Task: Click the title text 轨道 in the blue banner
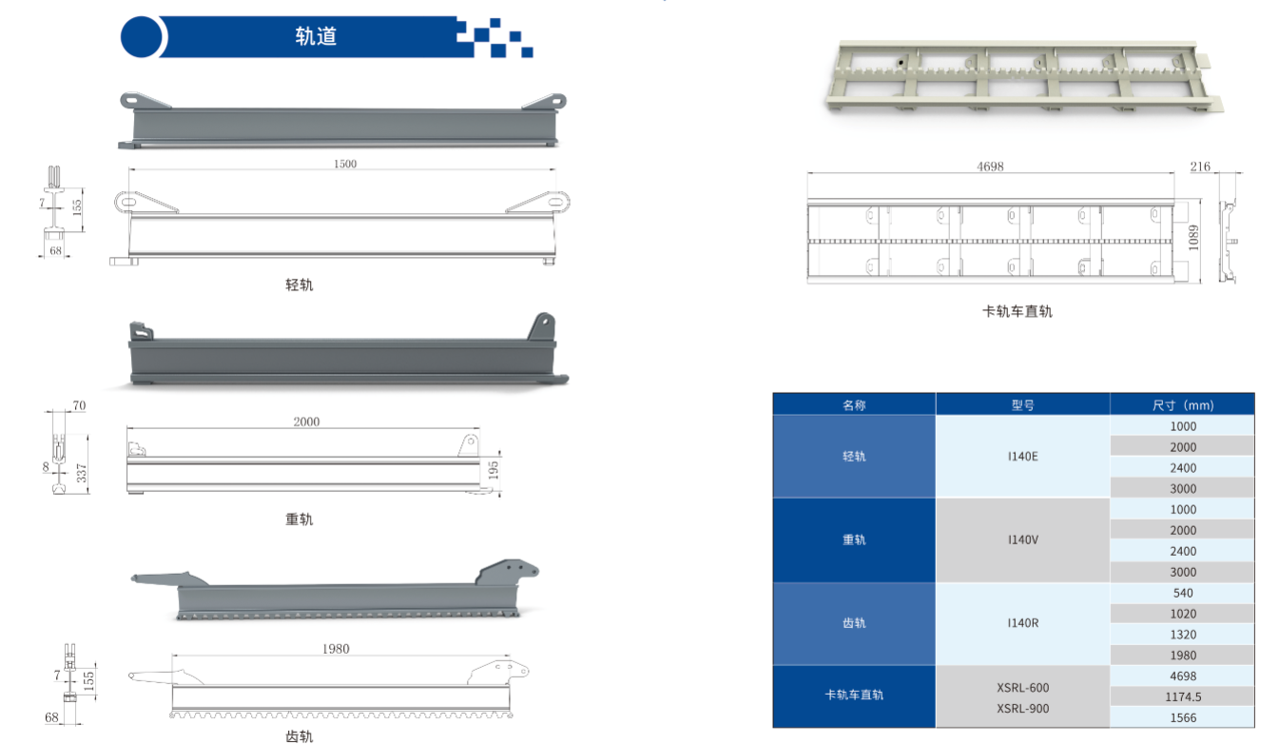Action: [x=316, y=36]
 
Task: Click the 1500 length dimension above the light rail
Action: [x=345, y=164]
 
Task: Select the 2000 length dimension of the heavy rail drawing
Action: [x=306, y=422]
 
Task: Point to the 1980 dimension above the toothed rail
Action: [x=336, y=649]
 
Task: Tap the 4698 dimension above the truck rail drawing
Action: [x=990, y=167]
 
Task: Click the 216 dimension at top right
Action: [x=1200, y=167]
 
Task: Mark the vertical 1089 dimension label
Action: [x=1193, y=238]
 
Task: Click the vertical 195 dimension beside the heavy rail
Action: [x=494, y=470]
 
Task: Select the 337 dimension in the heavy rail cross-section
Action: [x=82, y=473]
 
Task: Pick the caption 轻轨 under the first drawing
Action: [x=300, y=284]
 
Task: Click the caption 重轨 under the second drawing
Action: [x=300, y=520]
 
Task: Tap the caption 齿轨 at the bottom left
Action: [x=300, y=736]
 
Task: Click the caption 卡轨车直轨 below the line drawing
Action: [x=1017, y=311]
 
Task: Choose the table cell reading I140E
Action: [x=1022, y=457]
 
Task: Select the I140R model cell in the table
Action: [x=1022, y=623]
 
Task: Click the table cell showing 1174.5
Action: [x=1183, y=697]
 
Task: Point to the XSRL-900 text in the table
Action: [x=1022, y=709]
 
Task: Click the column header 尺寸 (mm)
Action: [x=1183, y=405]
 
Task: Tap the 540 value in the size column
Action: [x=1183, y=593]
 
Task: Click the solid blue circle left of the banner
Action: [x=142, y=36]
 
